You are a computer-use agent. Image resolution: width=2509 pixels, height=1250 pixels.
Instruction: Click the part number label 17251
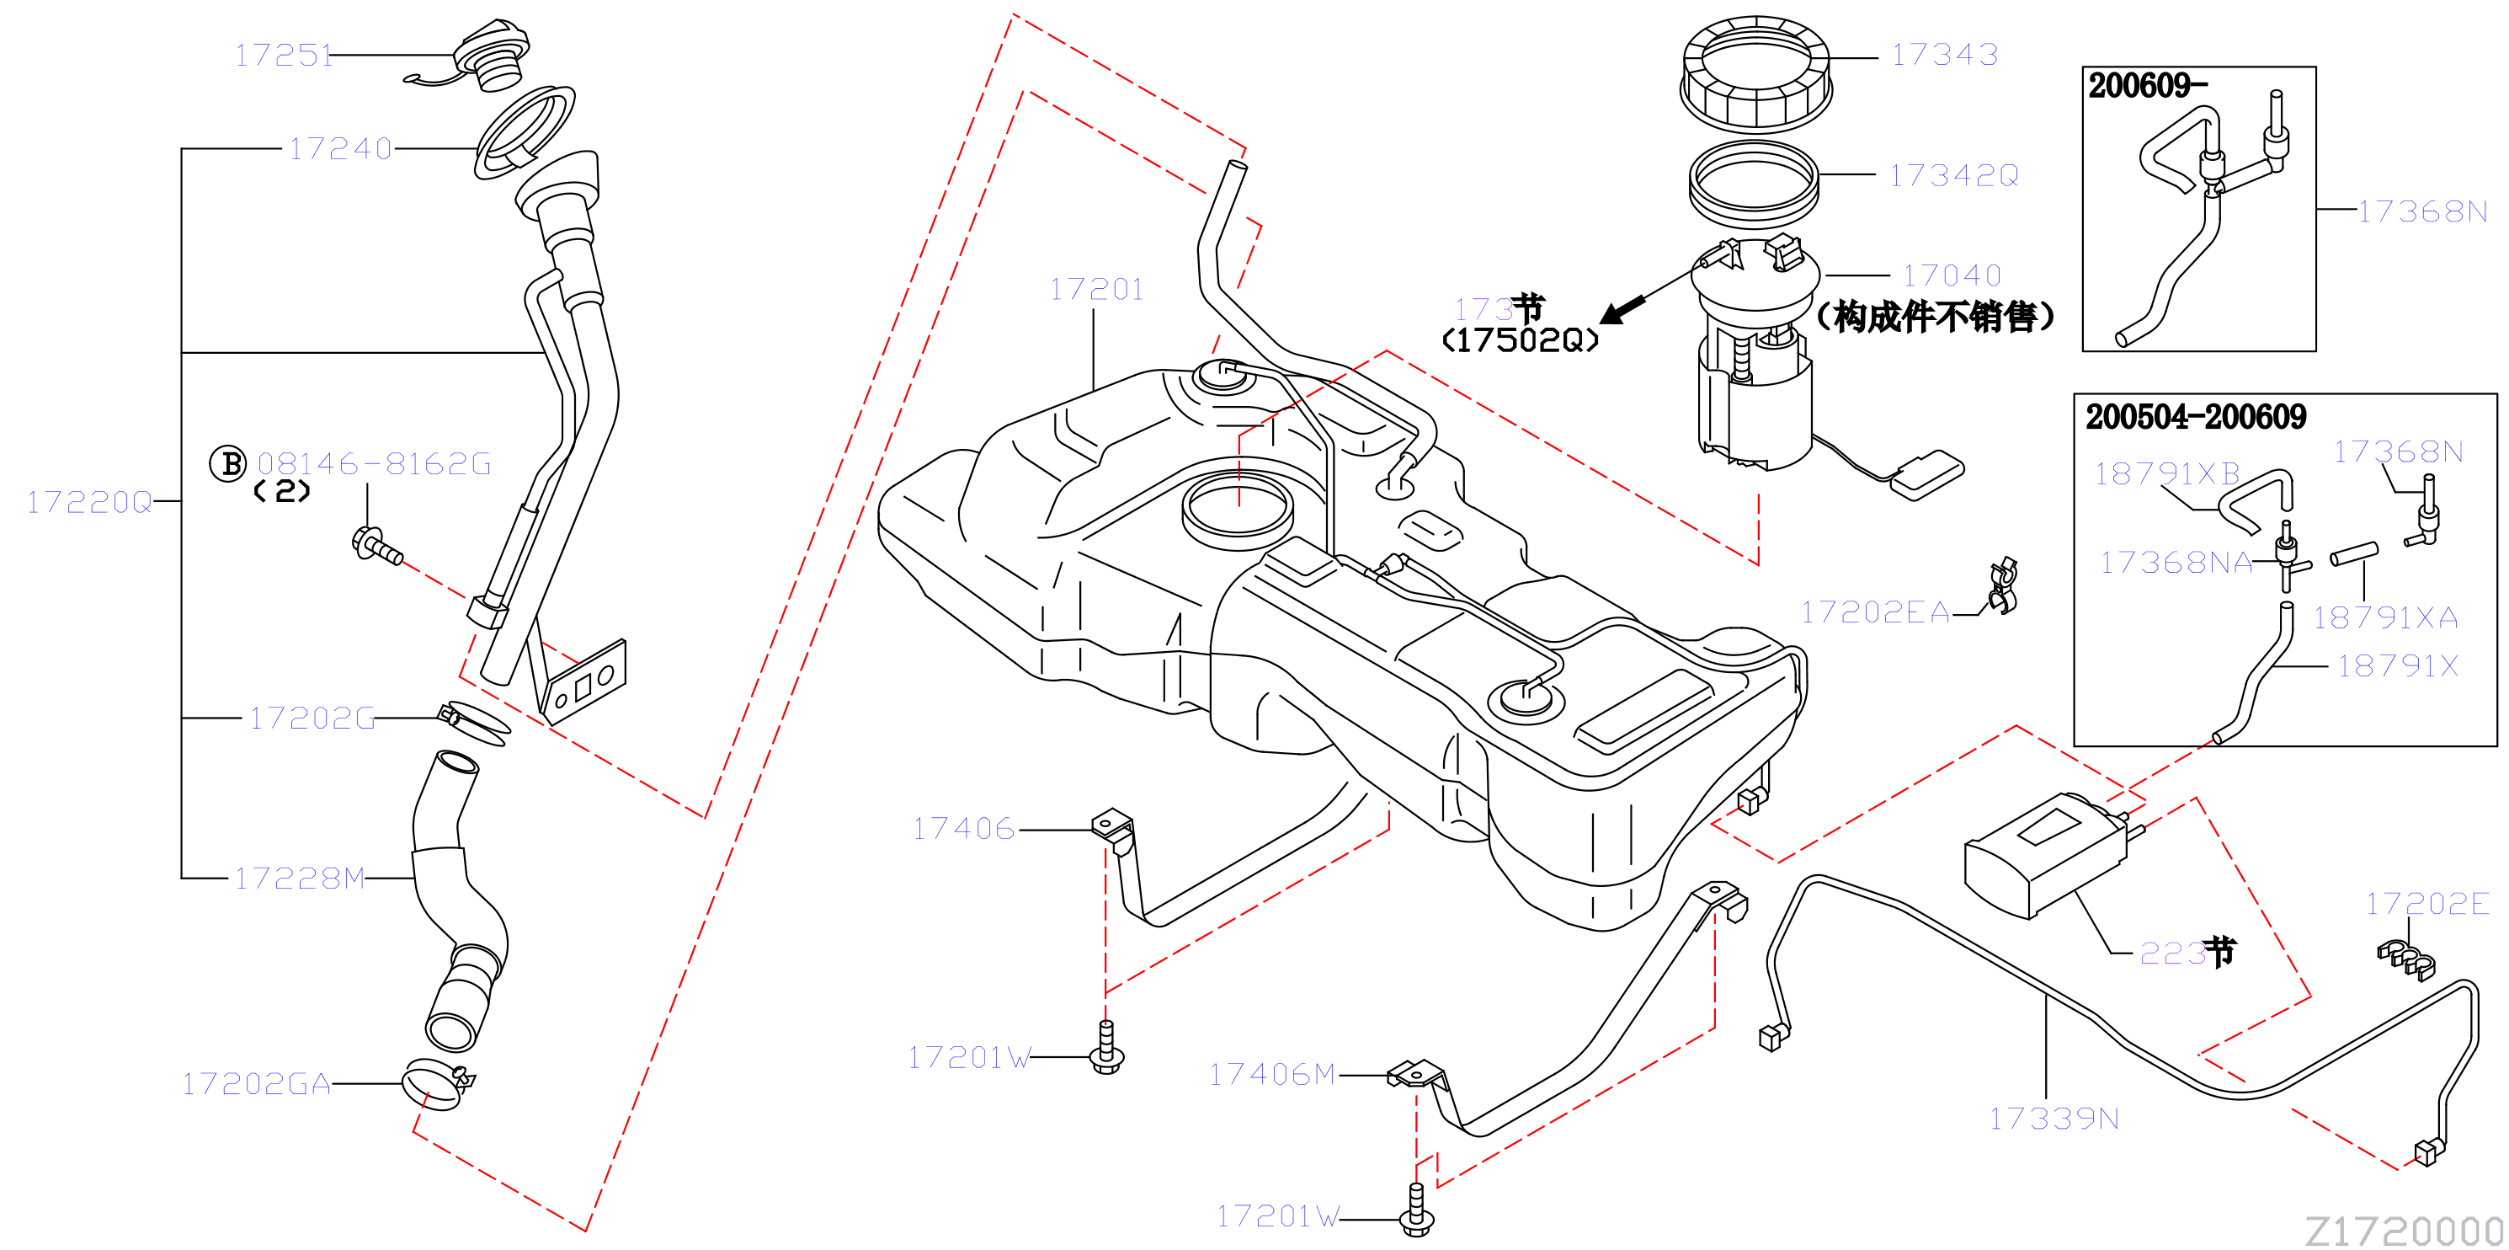point(284,56)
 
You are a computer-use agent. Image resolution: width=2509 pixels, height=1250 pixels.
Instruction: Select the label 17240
point(341,149)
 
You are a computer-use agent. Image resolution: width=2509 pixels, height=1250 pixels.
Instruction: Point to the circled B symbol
point(229,464)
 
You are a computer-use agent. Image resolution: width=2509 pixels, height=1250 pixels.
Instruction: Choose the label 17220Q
point(89,503)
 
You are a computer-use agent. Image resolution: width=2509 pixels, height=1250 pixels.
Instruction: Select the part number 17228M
point(300,879)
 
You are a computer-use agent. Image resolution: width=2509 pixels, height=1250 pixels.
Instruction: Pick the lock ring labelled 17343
point(1756,74)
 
